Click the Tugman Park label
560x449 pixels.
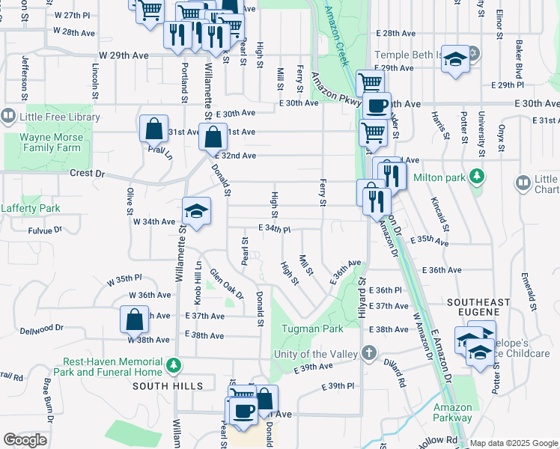(x=312, y=329)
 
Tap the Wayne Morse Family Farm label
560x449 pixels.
(x=50, y=142)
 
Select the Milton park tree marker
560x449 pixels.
(x=475, y=177)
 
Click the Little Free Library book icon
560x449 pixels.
(x=8, y=117)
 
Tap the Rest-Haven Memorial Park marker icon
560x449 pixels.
(x=174, y=366)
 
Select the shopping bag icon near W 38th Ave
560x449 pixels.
(x=133, y=320)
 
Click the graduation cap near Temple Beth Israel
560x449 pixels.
(x=454, y=59)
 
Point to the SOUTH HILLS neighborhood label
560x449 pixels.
(x=168, y=386)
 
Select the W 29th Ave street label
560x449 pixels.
(x=124, y=55)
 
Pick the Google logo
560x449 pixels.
(x=25, y=440)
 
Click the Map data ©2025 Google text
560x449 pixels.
(x=514, y=443)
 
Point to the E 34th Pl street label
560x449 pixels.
(x=273, y=227)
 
